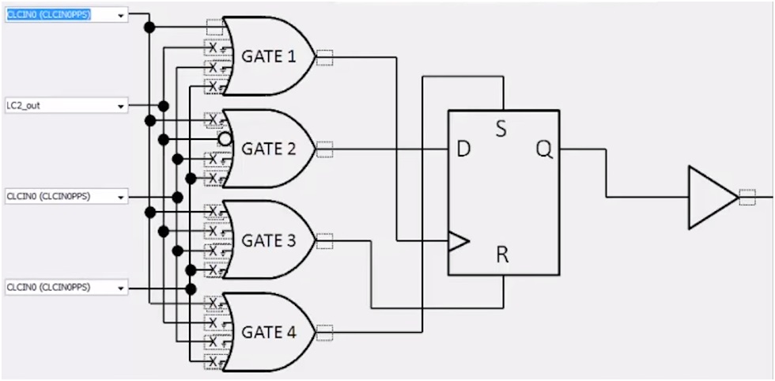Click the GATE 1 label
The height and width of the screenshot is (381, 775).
tap(268, 57)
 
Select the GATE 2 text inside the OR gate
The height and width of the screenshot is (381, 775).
tap(268, 149)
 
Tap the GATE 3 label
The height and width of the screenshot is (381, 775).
tap(268, 240)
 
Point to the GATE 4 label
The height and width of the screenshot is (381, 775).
tap(268, 332)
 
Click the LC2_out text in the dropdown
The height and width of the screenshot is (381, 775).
tap(24, 105)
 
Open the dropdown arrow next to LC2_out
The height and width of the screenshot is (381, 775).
tap(120, 105)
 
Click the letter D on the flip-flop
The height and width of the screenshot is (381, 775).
tap(463, 149)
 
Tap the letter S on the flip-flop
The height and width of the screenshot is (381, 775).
tap(501, 129)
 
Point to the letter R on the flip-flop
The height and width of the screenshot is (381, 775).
tap(502, 255)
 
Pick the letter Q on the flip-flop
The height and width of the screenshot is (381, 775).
tap(543, 149)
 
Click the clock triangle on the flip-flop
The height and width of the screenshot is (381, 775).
tap(458, 241)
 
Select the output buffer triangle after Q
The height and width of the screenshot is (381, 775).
tap(711, 198)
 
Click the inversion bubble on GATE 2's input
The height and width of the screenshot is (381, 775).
tap(225, 139)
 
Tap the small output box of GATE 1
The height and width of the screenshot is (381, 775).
tap(324, 57)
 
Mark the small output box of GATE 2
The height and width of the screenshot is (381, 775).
tap(324, 149)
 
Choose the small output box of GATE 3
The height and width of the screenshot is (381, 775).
tap(324, 240)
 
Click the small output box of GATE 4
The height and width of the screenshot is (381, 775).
tap(324, 332)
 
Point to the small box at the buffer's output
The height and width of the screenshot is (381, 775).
tap(747, 198)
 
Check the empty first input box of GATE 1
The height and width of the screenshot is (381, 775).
tap(214, 28)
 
